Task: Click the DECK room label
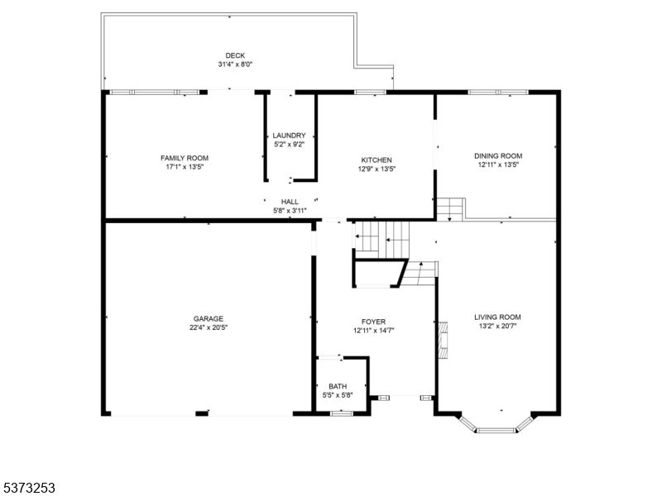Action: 235,55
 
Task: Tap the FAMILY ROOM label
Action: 185,158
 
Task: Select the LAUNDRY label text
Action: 289,136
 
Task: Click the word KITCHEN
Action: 377,160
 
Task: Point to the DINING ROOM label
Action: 498,156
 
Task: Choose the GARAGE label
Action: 209,319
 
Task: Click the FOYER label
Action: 374,322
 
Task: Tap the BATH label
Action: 338,386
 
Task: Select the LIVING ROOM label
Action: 498,317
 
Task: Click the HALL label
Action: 290,202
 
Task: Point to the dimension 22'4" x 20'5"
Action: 209,327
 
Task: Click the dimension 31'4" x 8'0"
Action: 235,64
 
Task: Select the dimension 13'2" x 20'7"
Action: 498,326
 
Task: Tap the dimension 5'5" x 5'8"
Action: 338,396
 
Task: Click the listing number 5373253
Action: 27,488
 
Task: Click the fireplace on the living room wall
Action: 443,340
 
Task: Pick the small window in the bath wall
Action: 342,413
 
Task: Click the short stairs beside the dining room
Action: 450,210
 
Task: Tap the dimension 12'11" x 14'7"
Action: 374,331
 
